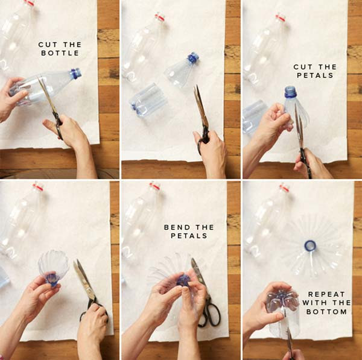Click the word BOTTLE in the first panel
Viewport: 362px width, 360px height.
(x=60, y=53)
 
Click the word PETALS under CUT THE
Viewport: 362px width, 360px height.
(x=315, y=75)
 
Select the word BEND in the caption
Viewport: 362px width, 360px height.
(x=177, y=227)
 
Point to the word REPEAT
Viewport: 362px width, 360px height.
(x=326, y=294)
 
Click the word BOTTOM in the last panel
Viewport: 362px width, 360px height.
(x=326, y=312)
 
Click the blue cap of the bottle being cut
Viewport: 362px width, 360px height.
(x=76, y=73)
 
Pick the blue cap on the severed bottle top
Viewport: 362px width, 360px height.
(x=193, y=58)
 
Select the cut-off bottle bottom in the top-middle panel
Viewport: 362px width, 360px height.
(x=148, y=101)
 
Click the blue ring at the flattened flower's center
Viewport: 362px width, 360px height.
(x=310, y=245)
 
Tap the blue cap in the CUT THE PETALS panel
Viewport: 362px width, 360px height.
(x=290, y=92)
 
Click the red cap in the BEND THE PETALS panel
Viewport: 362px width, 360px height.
(x=154, y=186)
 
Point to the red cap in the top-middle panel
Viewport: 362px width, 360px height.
(x=159, y=17)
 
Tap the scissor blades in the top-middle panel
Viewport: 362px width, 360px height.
(x=200, y=106)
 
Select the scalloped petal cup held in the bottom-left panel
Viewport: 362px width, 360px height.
(x=53, y=267)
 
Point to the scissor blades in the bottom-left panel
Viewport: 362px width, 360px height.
(x=84, y=279)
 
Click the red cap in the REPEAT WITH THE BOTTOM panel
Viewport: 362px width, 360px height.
(x=285, y=188)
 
